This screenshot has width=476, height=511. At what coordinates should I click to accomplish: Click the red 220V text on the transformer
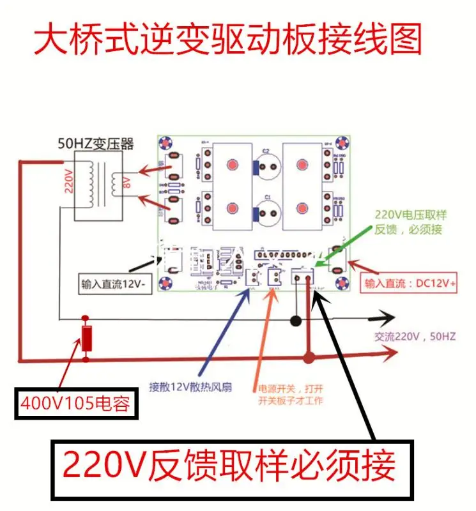[69, 181]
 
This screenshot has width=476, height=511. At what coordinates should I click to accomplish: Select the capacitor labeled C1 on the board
[268, 214]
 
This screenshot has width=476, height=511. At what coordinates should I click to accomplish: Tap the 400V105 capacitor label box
[76, 404]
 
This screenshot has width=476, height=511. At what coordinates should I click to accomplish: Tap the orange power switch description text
[290, 394]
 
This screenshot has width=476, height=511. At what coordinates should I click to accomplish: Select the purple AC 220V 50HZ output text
[413, 337]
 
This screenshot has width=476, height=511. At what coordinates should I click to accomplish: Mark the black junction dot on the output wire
[295, 320]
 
